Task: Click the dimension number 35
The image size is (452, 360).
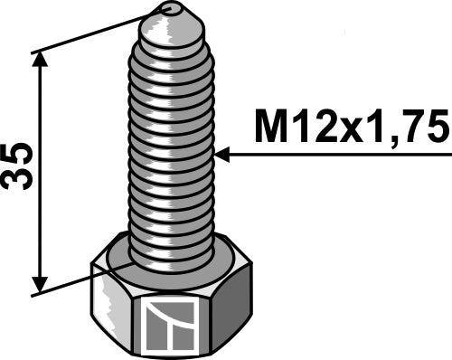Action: pyautogui.click(x=17, y=166)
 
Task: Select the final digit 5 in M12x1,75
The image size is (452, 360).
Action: pyautogui.click(x=436, y=126)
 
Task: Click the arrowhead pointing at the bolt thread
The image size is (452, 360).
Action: pyautogui.click(x=222, y=155)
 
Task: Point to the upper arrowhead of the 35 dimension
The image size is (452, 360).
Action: pyautogui.click(x=40, y=61)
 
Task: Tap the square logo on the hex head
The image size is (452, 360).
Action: pyautogui.click(x=167, y=327)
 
